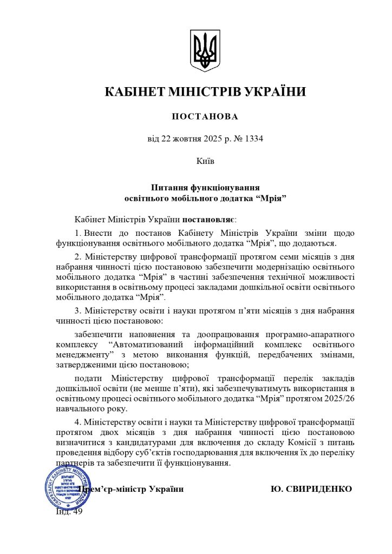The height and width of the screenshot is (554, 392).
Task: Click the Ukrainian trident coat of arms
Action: click(x=205, y=50)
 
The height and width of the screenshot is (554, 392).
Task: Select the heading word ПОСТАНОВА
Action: click(x=205, y=117)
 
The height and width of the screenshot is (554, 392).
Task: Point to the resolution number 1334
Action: click(x=253, y=138)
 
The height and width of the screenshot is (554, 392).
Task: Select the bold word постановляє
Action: click(x=207, y=220)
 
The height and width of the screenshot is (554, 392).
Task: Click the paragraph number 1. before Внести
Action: click(x=78, y=233)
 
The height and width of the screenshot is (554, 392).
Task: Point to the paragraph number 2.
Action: click(x=78, y=257)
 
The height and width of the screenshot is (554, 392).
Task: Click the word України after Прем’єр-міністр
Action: click(x=166, y=489)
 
